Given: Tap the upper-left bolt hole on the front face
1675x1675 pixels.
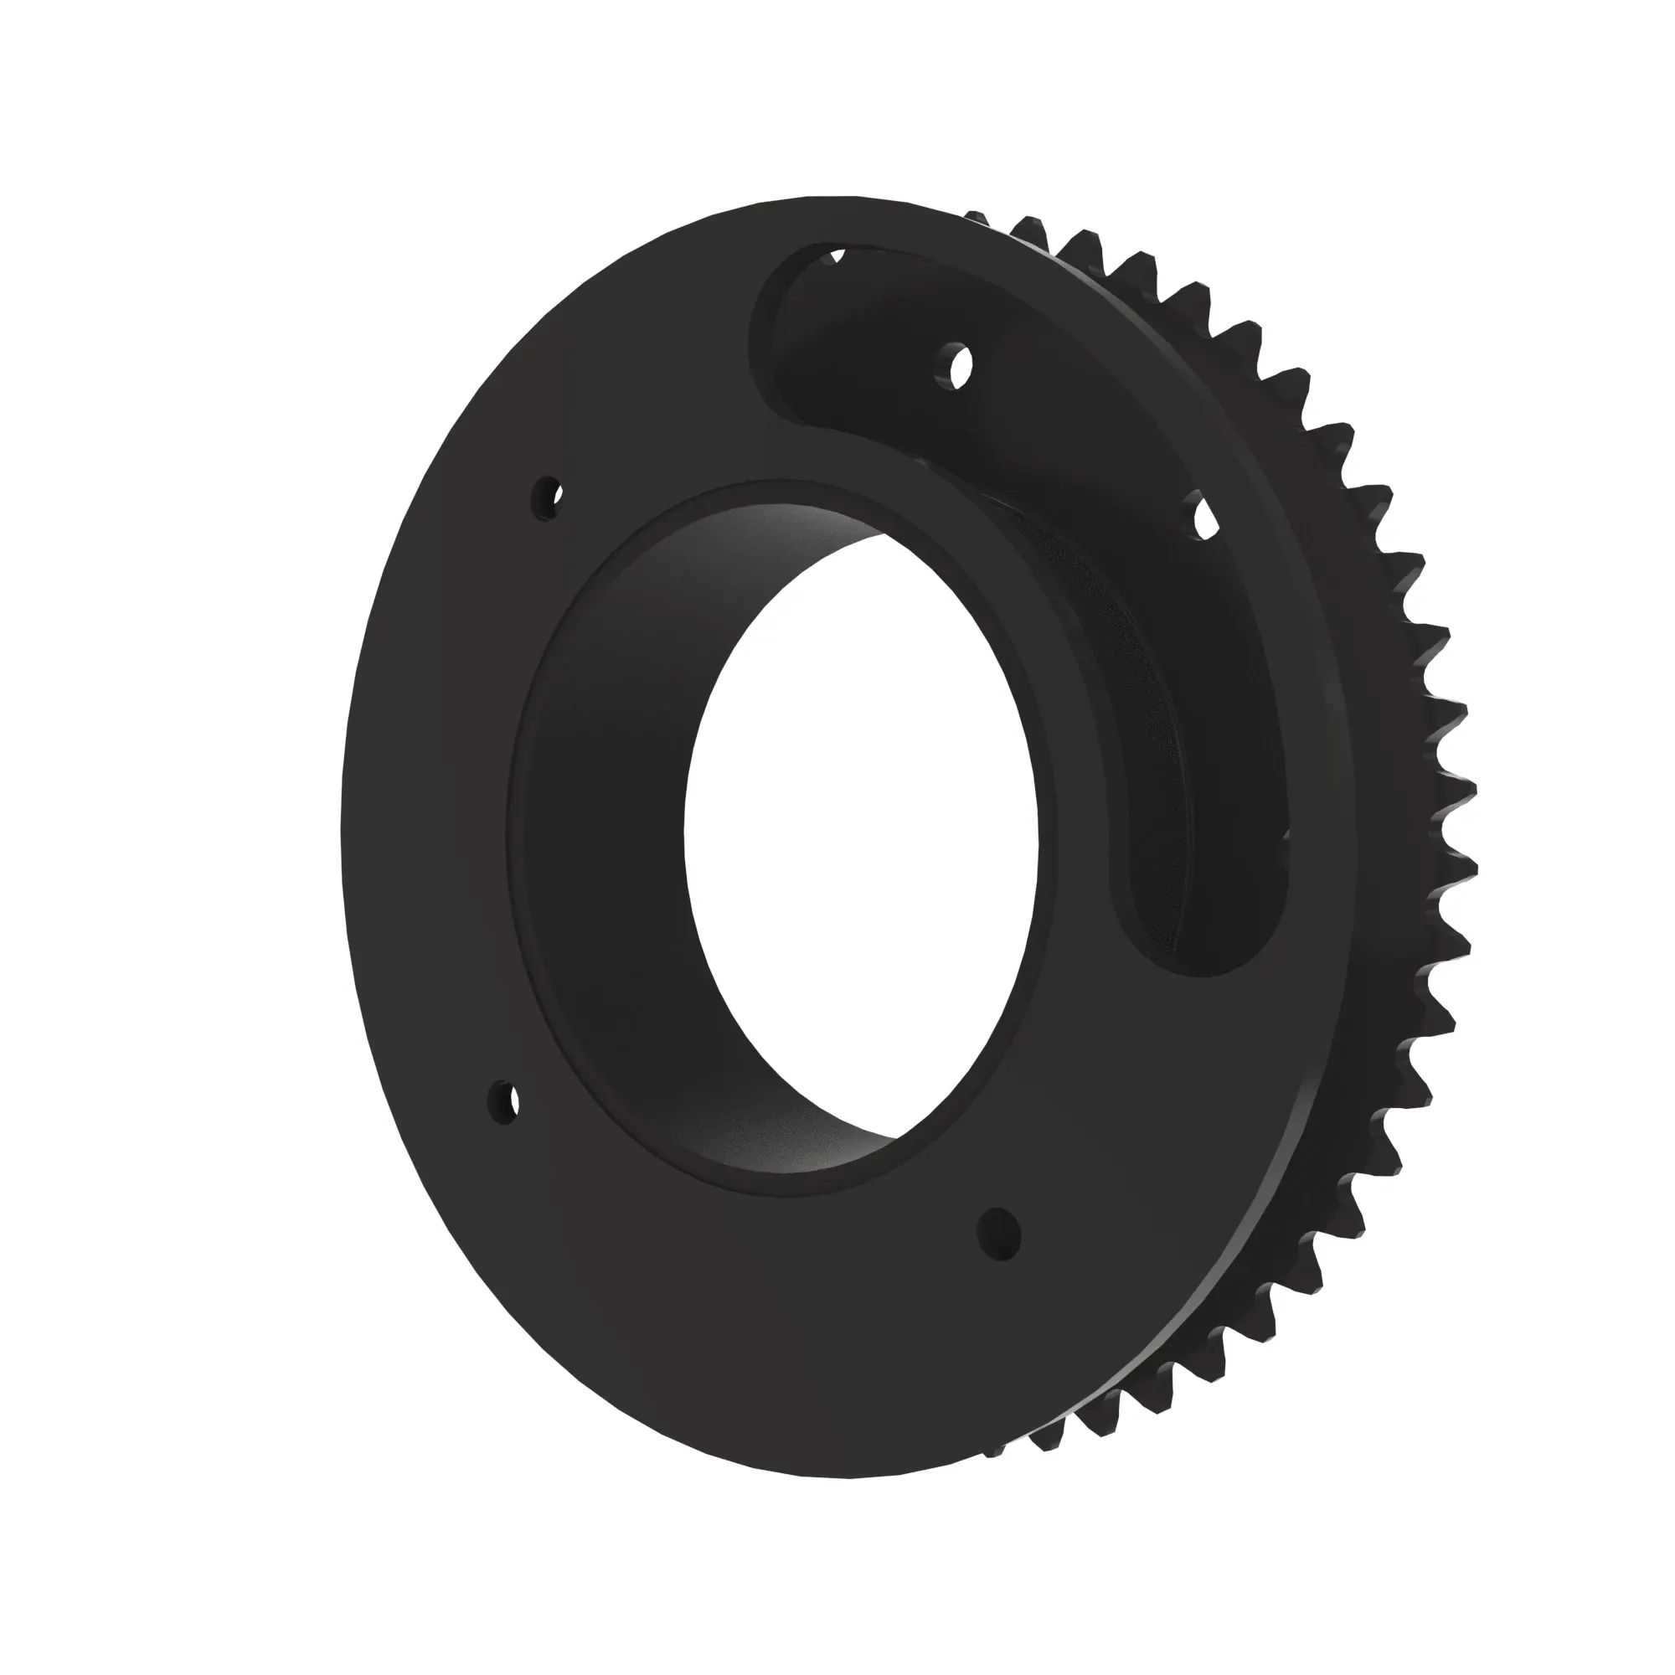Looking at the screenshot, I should pyautogui.click(x=549, y=498).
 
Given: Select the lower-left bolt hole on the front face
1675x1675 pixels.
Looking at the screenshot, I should pyautogui.click(x=503, y=1102).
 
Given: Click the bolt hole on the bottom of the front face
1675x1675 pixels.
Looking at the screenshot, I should pyautogui.click(x=1000, y=1231).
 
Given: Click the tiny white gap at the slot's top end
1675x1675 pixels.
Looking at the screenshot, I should pyautogui.click(x=837, y=255).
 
